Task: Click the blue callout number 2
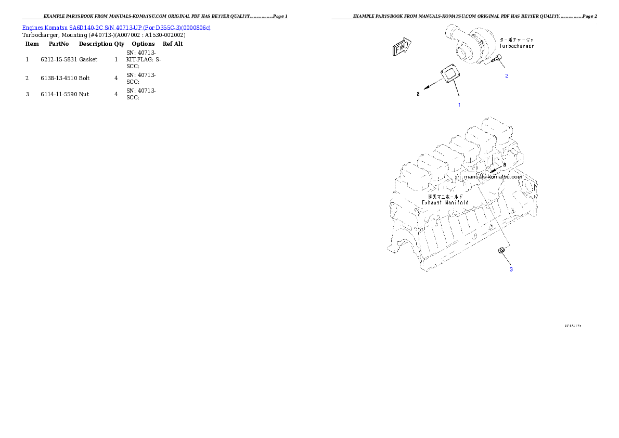pos(507,75)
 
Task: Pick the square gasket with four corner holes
pos(448,73)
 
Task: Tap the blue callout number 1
pos(459,105)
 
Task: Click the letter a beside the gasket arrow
pos(418,94)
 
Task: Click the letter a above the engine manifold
pos(504,164)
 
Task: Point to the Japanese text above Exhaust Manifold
pos(445,196)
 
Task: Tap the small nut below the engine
pos(501,252)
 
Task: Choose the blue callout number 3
pos(511,269)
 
